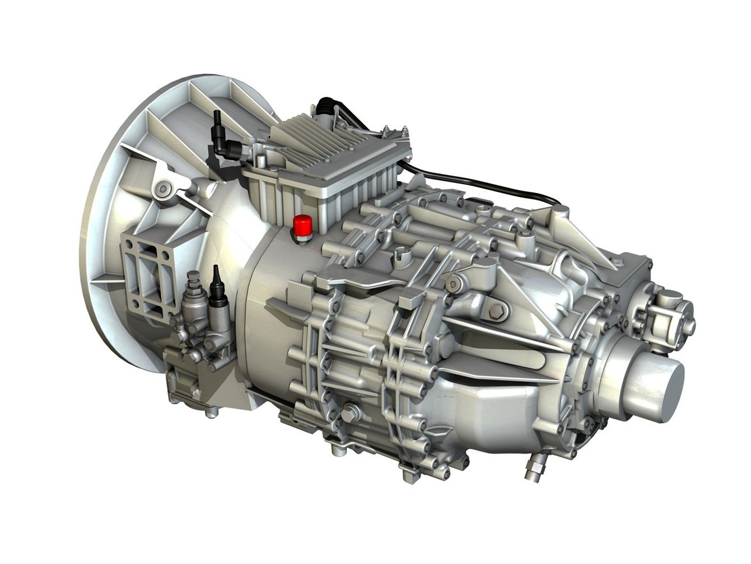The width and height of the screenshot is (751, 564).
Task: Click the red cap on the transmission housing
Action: click(x=302, y=224)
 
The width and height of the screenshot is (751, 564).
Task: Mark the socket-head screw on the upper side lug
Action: click(x=454, y=284)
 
